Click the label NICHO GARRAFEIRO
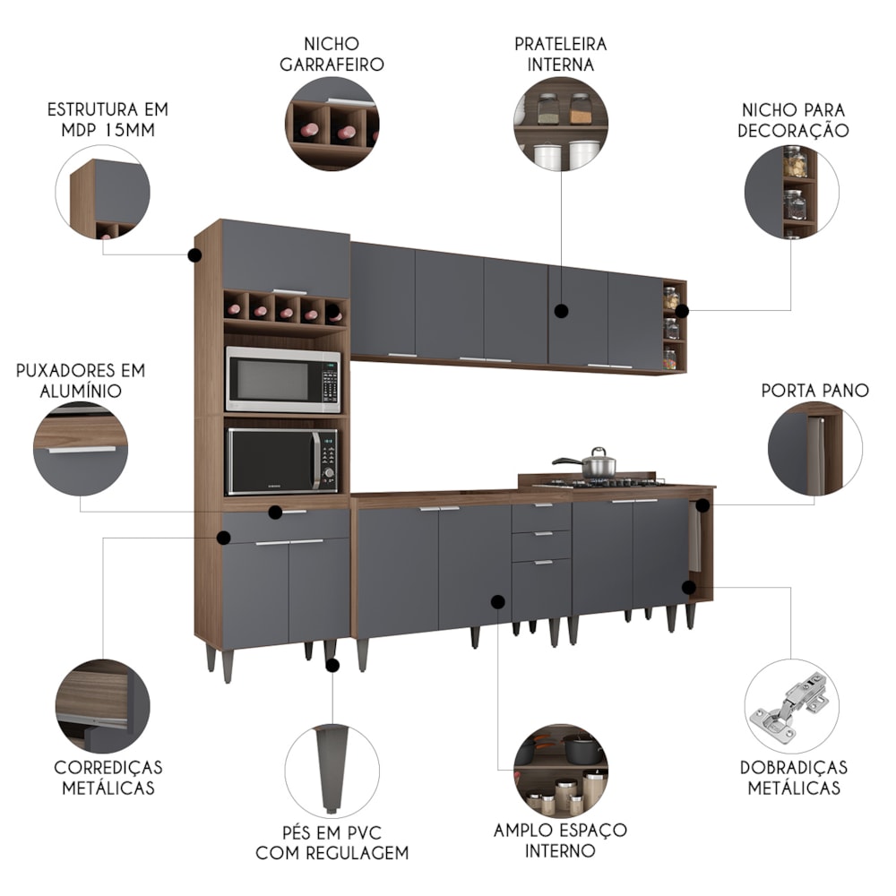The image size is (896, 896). [x=332, y=55]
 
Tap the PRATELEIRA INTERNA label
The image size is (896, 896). [x=560, y=55]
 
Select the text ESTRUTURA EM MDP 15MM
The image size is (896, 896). [x=108, y=119]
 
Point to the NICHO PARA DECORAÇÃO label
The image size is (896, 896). [x=793, y=120]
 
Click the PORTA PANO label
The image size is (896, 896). [x=814, y=391]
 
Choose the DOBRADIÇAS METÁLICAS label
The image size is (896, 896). [x=793, y=777]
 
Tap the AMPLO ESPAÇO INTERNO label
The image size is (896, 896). [x=560, y=840]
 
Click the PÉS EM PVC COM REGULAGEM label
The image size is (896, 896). [x=332, y=842]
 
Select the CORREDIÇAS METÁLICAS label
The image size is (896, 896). [x=108, y=777]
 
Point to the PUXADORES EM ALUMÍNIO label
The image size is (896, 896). [x=81, y=381]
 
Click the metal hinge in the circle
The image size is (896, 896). [x=791, y=707]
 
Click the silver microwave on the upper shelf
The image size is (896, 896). [x=283, y=380]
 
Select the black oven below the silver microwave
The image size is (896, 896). [x=283, y=461]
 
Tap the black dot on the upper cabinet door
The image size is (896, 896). [x=562, y=311]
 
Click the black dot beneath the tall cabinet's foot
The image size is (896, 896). [x=332, y=665]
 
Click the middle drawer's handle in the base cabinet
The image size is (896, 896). [x=542, y=534]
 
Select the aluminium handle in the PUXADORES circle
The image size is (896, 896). [x=82, y=450]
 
